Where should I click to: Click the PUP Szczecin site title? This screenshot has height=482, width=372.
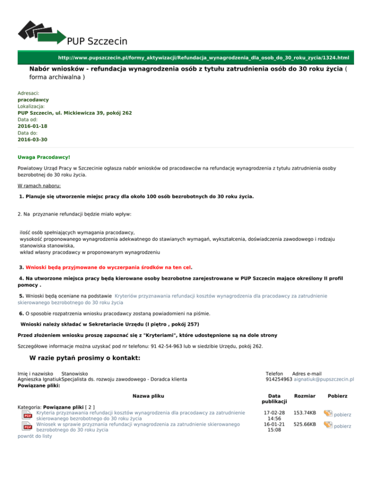tap(97, 41)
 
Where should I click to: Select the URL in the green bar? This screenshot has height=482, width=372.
tap(203, 58)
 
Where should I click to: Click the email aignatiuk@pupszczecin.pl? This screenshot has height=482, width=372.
tap(324, 379)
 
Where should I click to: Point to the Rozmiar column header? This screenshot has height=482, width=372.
tap(305, 396)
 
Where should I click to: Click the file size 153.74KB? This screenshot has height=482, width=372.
tap(305, 413)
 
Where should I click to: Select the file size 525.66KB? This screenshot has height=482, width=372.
tap(305, 424)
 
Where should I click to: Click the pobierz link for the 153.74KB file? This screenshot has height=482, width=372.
tap(342, 415)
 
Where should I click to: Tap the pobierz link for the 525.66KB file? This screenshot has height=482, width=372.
tap(342, 426)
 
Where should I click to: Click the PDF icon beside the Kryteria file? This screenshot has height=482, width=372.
tap(28, 415)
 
